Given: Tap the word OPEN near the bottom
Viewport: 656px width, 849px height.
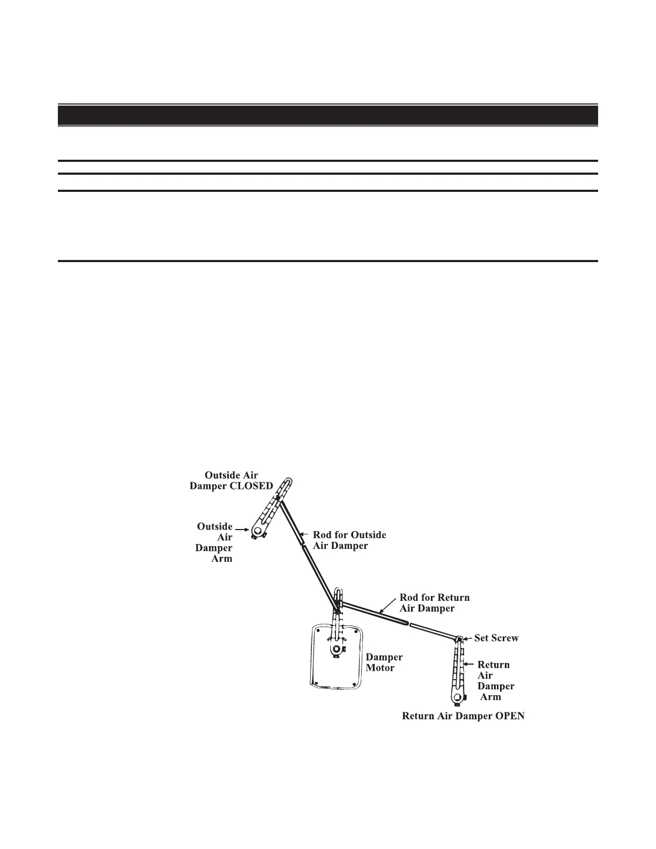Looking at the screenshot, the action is pyautogui.click(x=508, y=716).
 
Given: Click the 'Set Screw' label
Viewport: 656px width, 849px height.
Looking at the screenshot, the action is pyautogui.click(x=496, y=638).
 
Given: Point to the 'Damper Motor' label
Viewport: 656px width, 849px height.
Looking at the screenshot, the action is pyautogui.click(x=384, y=662).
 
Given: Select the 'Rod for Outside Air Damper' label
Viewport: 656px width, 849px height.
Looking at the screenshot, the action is pyautogui.click(x=349, y=540).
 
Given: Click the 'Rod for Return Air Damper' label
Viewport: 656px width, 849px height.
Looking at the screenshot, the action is pyautogui.click(x=434, y=603).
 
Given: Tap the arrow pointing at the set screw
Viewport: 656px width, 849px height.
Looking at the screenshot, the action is pyautogui.click(x=468, y=638).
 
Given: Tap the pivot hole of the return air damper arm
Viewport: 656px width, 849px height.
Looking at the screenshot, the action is pyautogui.click(x=457, y=698).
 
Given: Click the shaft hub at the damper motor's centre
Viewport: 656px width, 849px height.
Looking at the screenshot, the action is pyautogui.click(x=336, y=649).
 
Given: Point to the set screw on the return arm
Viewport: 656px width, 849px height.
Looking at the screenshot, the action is pyautogui.click(x=459, y=639).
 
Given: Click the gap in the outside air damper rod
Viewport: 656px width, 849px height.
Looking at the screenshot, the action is pyautogui.click(x=304, y=545).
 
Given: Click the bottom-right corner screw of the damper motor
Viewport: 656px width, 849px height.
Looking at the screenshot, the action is pyautogui.click(x=354, y=682).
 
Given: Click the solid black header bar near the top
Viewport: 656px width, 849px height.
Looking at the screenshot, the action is pyautogui.click(x=327, y=115).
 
